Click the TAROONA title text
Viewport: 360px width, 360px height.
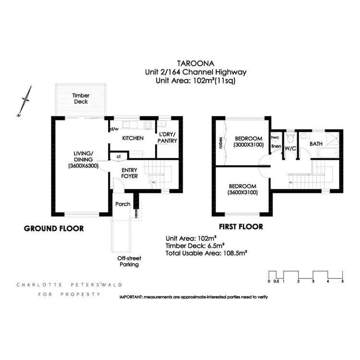(x=195, y=63)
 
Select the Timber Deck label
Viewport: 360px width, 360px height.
(x=81, y=98)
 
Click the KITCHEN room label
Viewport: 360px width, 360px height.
(x=133, y=138)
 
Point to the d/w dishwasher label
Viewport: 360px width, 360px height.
(x=114, y=129)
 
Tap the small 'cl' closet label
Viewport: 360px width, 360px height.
(x=118, y=156)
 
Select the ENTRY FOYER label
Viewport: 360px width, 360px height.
(x=130, y=173)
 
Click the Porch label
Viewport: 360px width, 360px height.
(x=123, y=204)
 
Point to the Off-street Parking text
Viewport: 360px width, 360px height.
(x=129, y=261)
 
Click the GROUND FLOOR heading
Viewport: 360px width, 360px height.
(x=54, y=229)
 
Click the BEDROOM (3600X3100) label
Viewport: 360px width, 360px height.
(x=242, y=189)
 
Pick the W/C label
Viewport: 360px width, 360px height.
(x=290, y=148)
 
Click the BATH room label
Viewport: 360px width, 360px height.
(x=316, y=144)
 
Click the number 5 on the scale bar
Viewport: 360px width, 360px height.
(x=342, y=281)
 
